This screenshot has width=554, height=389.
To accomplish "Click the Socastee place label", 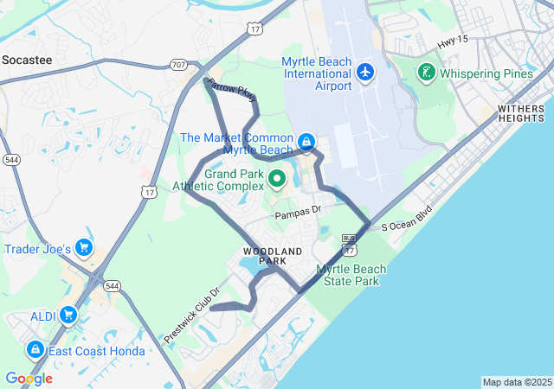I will [x=27, y=60].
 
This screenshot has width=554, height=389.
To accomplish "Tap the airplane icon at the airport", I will [x=364, y=72].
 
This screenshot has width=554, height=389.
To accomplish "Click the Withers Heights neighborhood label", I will [x=521, y=114].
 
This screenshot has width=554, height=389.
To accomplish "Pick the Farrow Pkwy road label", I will [x=233, y=90].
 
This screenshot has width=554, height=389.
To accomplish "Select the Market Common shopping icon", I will [x=306, y=141].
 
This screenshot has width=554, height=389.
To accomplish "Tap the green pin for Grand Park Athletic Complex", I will [x=277, y=179].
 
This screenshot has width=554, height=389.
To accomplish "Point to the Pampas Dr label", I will [x=297, y=211].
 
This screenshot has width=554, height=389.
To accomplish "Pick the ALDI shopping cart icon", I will [x=68, y=316].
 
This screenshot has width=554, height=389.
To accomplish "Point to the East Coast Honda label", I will [x=91, y=351].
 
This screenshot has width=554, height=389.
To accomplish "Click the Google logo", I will [x=29, y=379].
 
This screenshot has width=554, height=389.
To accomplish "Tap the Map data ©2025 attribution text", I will [x=516, y=382].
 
